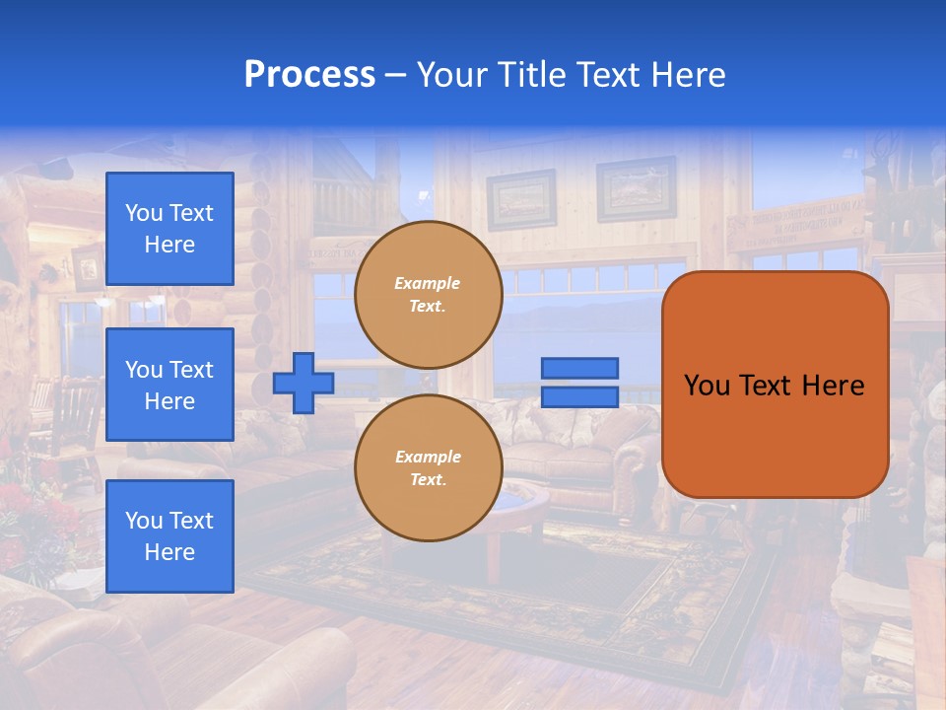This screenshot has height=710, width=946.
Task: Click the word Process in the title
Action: pos(309,75)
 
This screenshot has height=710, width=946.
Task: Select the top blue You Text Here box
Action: pos(169,229)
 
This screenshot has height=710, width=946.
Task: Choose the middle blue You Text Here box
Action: pos(169,385)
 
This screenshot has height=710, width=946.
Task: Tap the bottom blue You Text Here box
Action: pos(169,536)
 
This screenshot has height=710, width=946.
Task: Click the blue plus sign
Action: pos(304,383)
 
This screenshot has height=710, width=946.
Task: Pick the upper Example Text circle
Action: pos(428,295)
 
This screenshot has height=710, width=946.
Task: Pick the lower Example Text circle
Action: pos(428,468)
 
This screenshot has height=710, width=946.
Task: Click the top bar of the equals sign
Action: pos(579,368)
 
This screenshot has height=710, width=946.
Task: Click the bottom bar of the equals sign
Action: pos(579,396)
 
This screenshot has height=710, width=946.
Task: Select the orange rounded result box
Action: pos(775,385)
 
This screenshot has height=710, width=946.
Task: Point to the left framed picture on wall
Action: pos(520,200)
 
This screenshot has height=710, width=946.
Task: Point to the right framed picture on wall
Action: pos(636,188)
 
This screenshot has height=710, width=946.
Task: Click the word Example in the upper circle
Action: pos(428,283)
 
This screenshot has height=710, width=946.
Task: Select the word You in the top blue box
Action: pos(143,213)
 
